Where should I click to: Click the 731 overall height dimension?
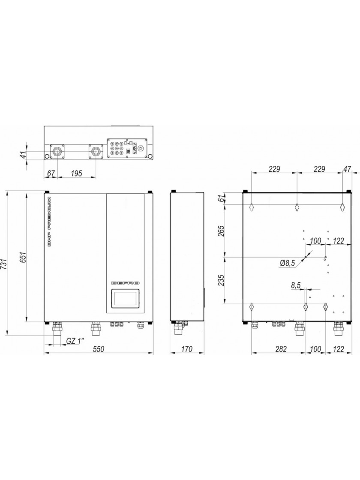click(x=4, y=263)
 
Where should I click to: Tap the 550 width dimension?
click(x=99, y=349)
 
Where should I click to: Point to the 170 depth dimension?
click(x=186, y=349)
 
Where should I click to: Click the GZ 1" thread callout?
click(x=75, y=341)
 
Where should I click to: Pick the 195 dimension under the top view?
click(x=76, y=174)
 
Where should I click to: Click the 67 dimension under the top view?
click(x=51, y=174)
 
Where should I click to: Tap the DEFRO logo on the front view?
click(x=125, y=283)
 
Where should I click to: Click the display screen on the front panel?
click(x=125, y=298)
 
